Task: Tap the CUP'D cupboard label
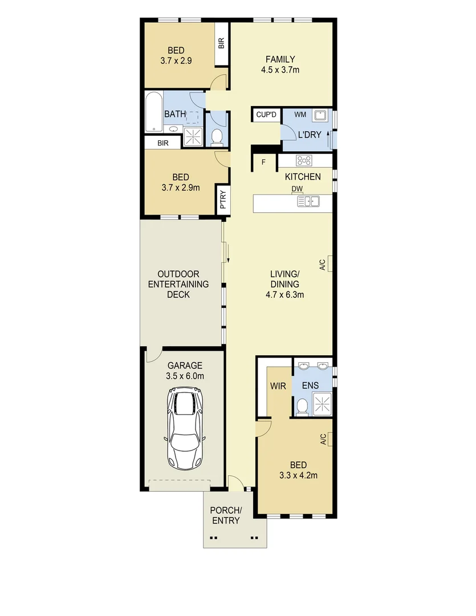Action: click(x=266, y=115)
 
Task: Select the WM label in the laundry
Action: click(x=300, y=115)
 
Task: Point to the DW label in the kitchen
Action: click(x=296, y=189)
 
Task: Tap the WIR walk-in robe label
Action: click(x=277, y=386)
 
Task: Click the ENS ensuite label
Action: click(x=311, y=386)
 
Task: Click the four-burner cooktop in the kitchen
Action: click(x=303, y=161)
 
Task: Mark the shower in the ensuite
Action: click(x=323, y=404)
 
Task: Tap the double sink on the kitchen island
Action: click(x=311, y=201)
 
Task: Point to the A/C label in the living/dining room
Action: click(x=322, y=265)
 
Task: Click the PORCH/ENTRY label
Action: click(x=226, y=515)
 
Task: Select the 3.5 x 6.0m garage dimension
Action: click(x=185, y=376)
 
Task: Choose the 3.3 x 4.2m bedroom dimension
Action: click(x=298, y=475)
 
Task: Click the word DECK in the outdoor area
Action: click(x=178, y=295)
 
